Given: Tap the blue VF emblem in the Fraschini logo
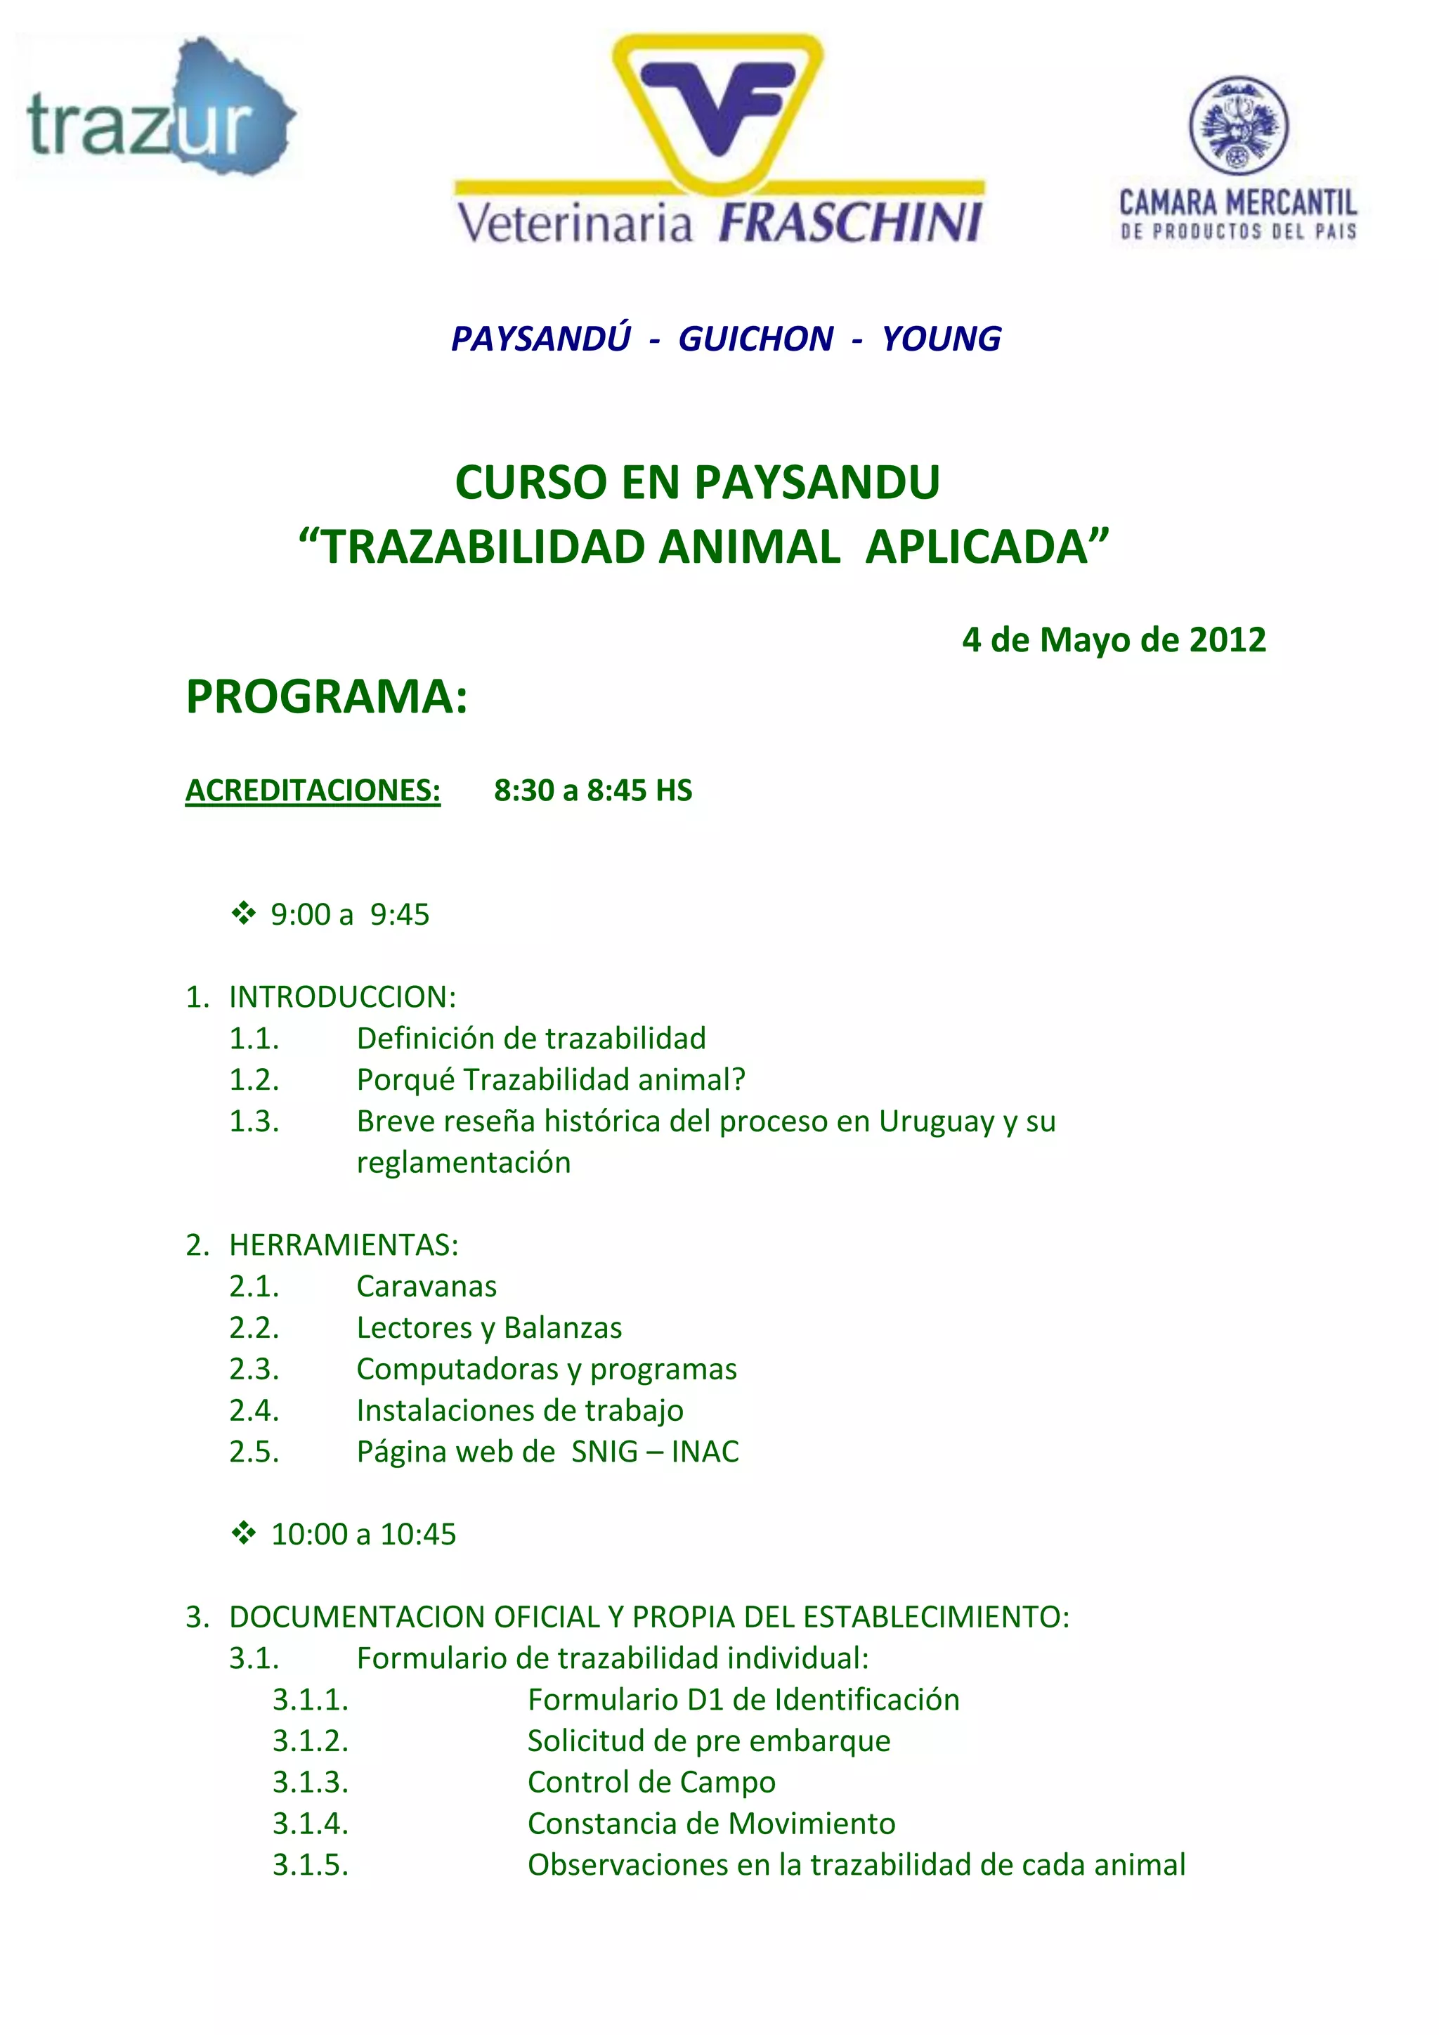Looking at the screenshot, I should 717,104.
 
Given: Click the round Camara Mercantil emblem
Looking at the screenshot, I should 1238,125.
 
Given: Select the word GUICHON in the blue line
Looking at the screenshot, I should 755,339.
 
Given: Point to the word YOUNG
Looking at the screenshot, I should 941,339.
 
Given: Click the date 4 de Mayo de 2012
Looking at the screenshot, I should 1114,640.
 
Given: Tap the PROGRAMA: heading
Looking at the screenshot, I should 326,696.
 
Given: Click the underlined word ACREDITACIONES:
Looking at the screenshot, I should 313,790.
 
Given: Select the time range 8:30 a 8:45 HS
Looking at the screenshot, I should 593,790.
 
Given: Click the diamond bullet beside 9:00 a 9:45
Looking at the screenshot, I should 243,913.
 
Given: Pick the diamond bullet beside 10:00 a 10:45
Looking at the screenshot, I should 243,1533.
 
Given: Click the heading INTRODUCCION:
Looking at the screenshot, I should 342,996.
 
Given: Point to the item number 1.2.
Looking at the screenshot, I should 254,1079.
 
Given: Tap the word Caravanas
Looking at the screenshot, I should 427,1286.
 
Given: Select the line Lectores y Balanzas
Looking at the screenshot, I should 489,1327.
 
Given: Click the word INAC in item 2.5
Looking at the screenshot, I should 705,1451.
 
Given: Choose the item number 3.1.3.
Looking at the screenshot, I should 310,1781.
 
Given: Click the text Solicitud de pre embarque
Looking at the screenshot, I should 709,1741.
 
